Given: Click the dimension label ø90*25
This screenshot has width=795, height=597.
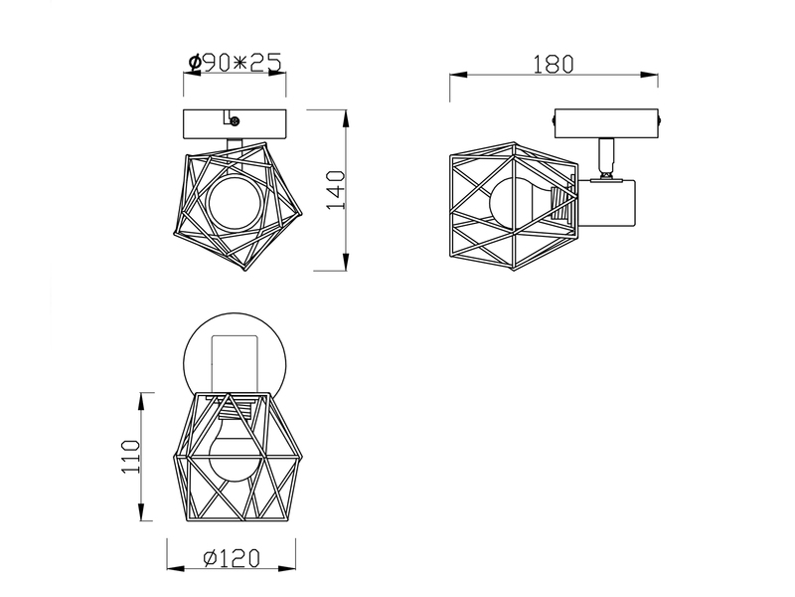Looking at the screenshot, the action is click(x=235, y=63).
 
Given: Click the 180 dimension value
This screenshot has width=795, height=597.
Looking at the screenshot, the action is click(x=554, y=65).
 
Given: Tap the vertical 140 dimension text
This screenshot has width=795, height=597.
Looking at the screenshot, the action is click(x=336, y=190).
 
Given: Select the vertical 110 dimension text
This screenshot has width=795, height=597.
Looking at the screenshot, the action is click(x=130, y=457).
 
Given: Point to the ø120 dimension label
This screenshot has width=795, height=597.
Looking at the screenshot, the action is click(x=232, y=558).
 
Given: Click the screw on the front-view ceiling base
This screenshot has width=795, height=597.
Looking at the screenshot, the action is click(x=235, y=120).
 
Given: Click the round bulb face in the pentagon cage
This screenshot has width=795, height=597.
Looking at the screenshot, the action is click(x=235, y=203).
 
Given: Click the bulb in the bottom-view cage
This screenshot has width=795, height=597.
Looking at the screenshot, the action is click(x=235, y=447).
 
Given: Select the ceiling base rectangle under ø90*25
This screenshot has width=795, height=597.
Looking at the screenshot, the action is click(x=235, y=123).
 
